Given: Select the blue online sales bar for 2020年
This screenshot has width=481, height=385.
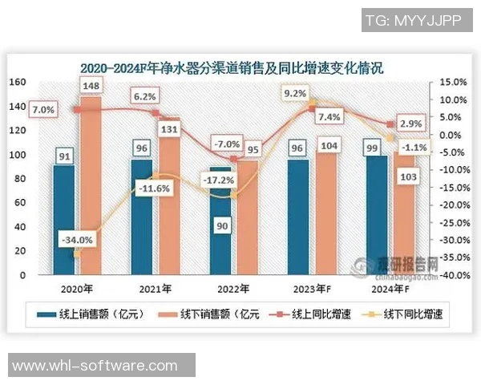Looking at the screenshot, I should [x=63, y=225].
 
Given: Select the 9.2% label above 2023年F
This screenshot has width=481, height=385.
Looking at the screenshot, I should [x=295, y=94].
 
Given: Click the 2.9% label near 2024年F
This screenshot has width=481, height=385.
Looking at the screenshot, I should [x=410, y=124].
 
